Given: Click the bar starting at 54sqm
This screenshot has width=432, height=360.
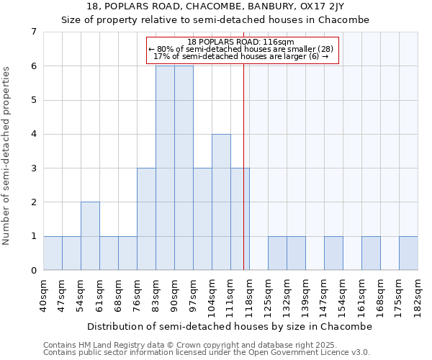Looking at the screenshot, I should (90, 236).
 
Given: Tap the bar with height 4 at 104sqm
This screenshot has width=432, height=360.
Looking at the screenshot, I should (221, 202).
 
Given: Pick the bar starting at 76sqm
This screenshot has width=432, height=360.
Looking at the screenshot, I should (146, 219).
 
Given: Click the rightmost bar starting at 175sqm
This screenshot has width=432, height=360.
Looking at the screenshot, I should (408, 253).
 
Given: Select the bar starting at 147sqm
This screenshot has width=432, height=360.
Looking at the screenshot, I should (333, 253).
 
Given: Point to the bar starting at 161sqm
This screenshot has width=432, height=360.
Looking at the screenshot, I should (371, 253).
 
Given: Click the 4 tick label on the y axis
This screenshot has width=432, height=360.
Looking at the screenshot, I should (33, 134).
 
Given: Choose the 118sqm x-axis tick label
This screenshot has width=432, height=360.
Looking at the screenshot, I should (249, 295).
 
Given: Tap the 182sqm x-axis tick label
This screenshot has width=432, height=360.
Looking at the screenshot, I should (418, 295).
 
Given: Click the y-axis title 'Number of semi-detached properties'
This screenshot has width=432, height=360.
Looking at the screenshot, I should (7, 156).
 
